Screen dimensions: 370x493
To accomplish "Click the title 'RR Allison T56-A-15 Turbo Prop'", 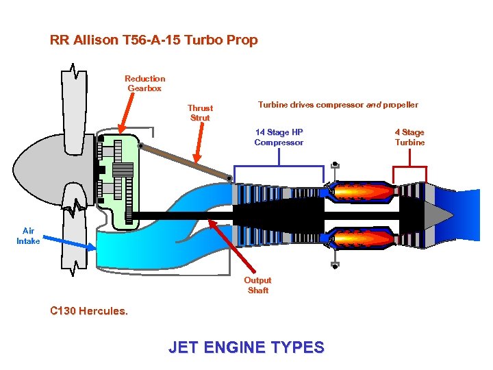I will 153,40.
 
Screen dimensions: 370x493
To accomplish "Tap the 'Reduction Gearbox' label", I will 144,84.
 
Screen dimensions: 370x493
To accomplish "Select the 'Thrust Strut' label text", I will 201,113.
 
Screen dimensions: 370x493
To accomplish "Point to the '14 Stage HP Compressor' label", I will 279,137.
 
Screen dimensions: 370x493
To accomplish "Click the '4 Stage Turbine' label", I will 409,137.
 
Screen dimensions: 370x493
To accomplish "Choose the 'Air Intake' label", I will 28,236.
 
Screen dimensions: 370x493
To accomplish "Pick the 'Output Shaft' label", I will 258,285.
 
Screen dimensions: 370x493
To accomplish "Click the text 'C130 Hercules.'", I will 89,310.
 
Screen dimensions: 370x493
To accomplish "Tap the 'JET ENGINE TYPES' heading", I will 246,347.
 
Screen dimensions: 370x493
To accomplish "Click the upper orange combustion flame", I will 363,193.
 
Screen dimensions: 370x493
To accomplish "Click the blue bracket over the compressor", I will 279,166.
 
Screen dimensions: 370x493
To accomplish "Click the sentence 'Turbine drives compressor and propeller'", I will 338,105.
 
